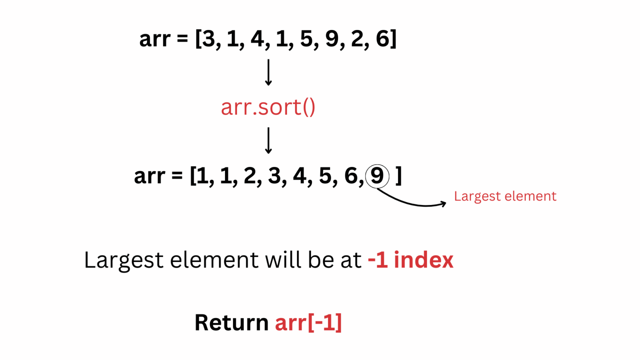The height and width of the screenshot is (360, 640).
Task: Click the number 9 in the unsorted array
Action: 332,39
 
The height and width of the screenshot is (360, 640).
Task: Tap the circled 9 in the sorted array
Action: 377,176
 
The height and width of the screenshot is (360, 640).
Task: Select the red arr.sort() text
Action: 268,107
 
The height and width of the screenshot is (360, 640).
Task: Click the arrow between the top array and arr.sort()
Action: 268,72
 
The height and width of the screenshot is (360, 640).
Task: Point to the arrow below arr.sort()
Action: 268,140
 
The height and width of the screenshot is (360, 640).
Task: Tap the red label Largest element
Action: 505,196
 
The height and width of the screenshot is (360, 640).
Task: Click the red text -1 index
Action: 410,260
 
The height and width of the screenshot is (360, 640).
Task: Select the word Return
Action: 231,322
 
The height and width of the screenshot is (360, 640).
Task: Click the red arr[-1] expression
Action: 308,322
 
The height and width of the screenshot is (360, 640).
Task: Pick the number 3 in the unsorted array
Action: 208,39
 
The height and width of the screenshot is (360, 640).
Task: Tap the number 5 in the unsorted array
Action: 306,39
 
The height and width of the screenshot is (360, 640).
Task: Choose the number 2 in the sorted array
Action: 250,176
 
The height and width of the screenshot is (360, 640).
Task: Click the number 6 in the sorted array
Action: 351,176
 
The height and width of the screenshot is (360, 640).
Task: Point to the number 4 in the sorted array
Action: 299,176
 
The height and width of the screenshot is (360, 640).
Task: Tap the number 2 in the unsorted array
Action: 357,39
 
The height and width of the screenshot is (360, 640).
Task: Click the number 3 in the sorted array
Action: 274,176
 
